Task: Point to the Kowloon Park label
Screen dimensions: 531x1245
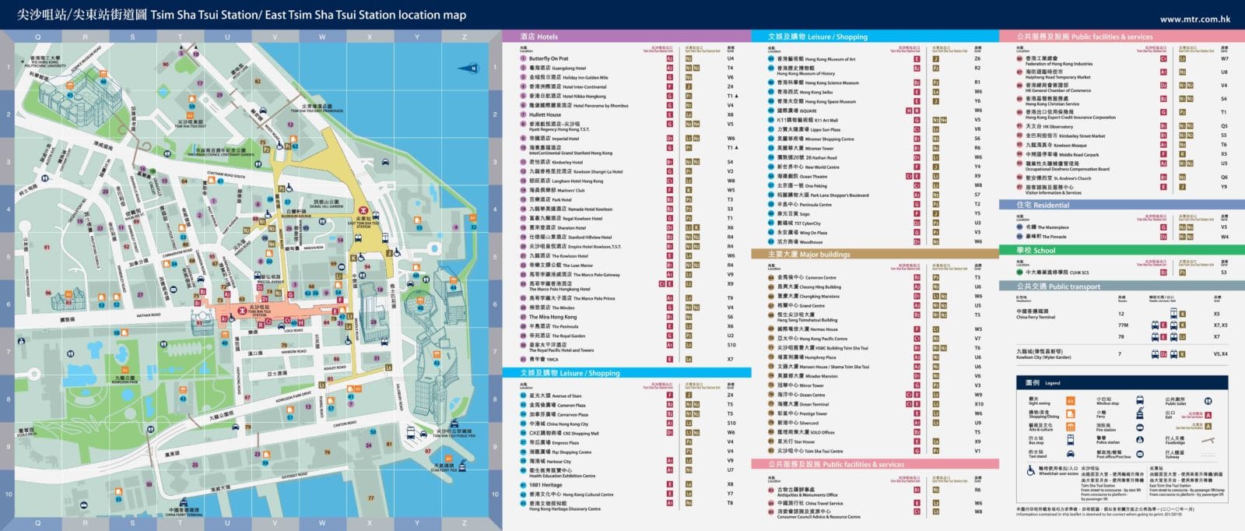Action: (x=122, y=380)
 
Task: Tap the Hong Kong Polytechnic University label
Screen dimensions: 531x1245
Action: (x=45, y=61)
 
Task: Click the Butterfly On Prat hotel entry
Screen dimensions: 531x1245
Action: (x=549, y=58)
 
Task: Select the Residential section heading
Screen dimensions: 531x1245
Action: (x=1043, y=206)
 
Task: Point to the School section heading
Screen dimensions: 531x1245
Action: (x=1036, y=251)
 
